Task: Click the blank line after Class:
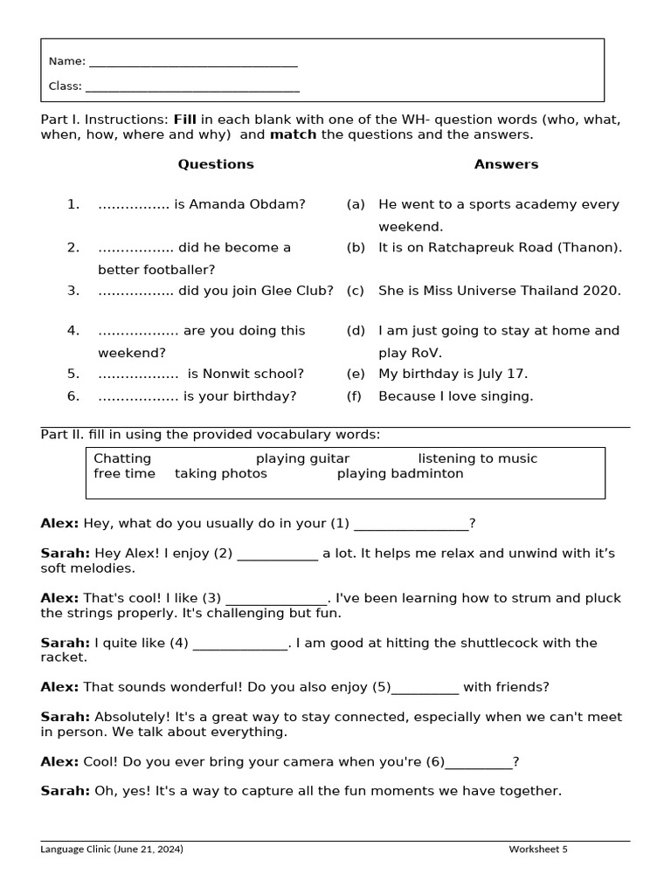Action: point(192,89)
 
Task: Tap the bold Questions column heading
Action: point(216,164)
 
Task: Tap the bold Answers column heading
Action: point(506,164)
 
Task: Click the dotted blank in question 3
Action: point(135,291)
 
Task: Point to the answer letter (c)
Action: point(356,291)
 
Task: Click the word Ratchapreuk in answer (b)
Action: point(455,247)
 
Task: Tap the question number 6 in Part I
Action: point(73,396)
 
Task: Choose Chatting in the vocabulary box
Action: point(122,458)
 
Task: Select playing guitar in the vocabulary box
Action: point(302,458)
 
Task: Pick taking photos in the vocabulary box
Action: point(221,474)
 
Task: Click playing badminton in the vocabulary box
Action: point(400,474)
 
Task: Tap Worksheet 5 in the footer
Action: point(538,849)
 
